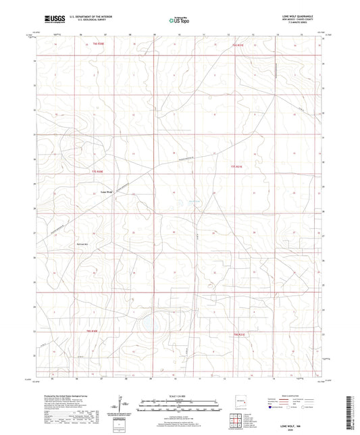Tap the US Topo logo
pyautogui.click(x=178, y=20)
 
